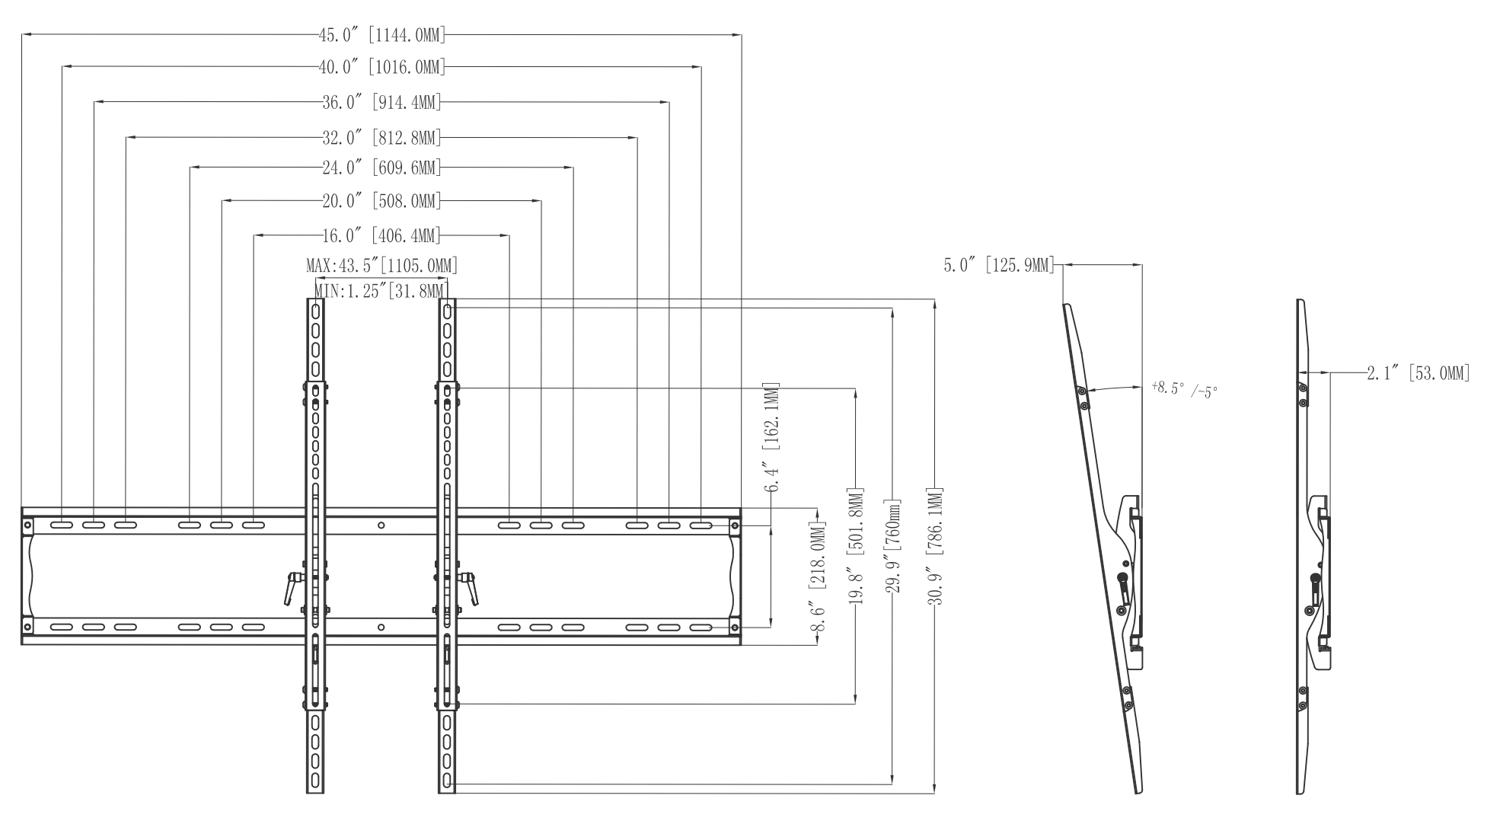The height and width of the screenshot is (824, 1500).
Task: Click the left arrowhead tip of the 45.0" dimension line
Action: pyautogui.click(x=22, y=35)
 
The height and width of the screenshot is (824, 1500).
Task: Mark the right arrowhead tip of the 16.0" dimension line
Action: pyautogui.click(x=509, y=235)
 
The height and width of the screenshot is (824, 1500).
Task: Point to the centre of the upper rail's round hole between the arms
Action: pyautogui.click(x=381, y=525)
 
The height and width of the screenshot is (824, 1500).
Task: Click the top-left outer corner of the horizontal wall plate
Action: pyautogui.click(x=21, y=508)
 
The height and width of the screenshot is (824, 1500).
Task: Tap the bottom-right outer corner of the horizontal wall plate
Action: pyautogui.click(x=741, y=645)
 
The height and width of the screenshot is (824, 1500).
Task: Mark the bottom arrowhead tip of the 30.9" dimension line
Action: pyautogui.click(x=935, y=794)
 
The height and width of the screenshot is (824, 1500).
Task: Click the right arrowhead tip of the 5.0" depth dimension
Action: pyautogui.click(x=1142, y=265)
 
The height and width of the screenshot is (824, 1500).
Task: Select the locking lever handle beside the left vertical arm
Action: pyautogui.click(x=292, y=587)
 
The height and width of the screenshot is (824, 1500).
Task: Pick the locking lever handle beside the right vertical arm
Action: pyautogui.click(x=469, y=588)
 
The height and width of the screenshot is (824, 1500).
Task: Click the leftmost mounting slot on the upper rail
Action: pyautogui.click(x=62, y=525)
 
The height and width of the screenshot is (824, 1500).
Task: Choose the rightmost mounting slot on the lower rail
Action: pyautogui.click(x=701, y=628)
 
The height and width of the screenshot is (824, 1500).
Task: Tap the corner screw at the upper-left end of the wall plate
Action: pyautogui.click(x=27, y=525)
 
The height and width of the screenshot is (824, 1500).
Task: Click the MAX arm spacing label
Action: pyautogui.click(x=381, y=265)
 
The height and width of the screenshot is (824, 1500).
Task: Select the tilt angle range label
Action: pyautogui.click(x=1185, y=389)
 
